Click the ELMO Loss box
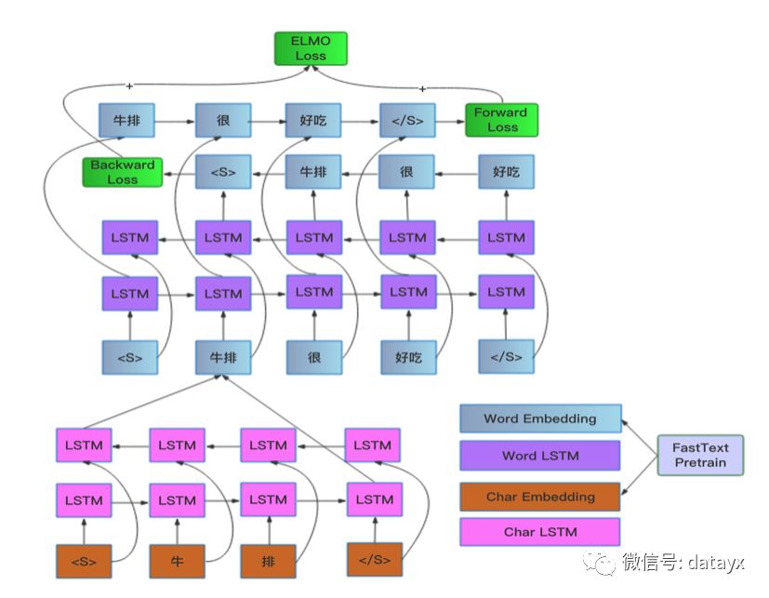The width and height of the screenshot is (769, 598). (311, 48)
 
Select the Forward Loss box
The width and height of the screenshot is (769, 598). (501, 120)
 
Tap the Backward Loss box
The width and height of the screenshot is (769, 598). (122, 172)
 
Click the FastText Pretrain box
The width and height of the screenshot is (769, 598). (700, 456)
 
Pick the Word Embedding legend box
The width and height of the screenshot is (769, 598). (540, 419)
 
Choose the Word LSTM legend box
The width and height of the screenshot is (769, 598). (540, 456)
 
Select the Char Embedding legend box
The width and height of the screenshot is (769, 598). (540, 497)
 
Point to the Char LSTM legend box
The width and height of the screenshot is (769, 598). (540, 532)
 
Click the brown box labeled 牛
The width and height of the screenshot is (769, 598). (177, 561)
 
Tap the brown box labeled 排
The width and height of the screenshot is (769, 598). (269, 561)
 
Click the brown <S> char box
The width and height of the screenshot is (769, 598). (84, 561)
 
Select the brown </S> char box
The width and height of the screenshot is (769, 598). (375, 559)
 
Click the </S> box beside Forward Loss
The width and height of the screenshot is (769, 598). (407, 120)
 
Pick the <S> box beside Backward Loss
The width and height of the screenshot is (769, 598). (223, 172)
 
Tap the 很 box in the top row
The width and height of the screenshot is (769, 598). (223, 120)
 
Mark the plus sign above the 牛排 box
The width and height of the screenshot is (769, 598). (129, 86)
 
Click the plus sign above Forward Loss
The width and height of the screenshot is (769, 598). (422, 88)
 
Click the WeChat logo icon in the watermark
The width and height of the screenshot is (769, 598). (599, 562)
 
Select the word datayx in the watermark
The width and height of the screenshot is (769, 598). (716, 562)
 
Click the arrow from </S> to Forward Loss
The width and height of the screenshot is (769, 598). (450, 121)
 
